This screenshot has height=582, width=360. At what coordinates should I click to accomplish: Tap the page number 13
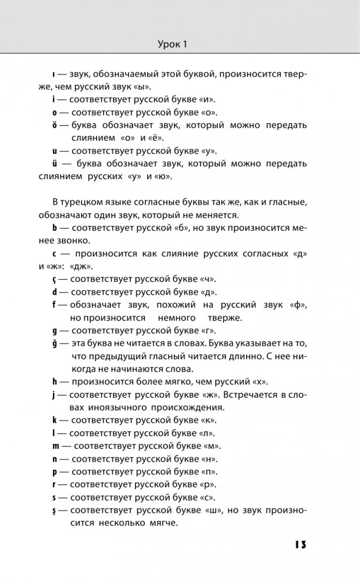tap(297, 545)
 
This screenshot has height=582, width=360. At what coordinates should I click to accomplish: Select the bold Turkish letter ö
tap(55, 126)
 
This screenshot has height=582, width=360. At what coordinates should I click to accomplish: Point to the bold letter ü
tap(55, 164)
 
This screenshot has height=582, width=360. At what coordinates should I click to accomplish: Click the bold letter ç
tap(54, 279)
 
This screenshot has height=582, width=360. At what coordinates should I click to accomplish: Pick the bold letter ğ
tap(55, 344)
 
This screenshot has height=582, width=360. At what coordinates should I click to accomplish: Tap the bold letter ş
tap(55, 510)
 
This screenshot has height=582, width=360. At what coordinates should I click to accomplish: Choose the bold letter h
tap(55, 382)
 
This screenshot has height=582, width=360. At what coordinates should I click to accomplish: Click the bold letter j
tap(54, 395)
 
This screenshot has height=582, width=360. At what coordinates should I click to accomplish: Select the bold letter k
tap(55, 420)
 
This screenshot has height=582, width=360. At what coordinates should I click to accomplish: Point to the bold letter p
tap(55, 472)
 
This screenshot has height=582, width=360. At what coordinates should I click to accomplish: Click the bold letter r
tap(54, 484)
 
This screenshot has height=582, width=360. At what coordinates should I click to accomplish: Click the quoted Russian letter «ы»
tap(142, 87)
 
